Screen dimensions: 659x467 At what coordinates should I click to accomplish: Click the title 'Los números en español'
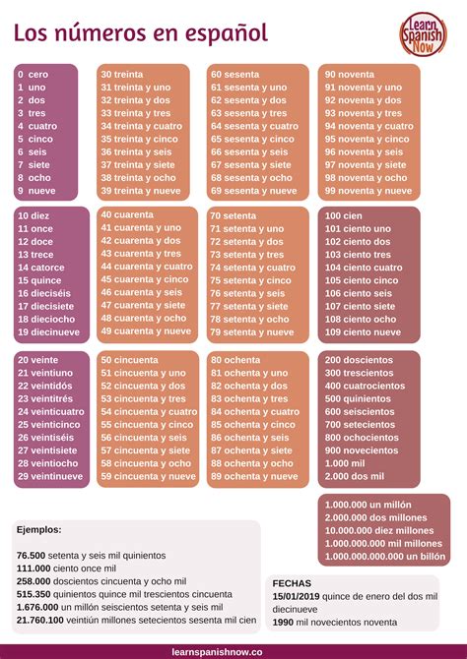[x=140, y=33]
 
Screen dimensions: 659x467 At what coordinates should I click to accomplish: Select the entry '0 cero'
[x=33, y=74]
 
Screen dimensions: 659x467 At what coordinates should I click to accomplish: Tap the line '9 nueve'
[x=36, y=191]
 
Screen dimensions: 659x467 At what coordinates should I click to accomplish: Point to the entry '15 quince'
[x=39, y=279]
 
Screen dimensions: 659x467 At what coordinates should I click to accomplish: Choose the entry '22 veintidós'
[x=46, y=386]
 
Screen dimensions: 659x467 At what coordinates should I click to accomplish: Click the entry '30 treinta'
[x=121, y=74]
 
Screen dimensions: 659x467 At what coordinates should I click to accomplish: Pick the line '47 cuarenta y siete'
[x=144, y=305]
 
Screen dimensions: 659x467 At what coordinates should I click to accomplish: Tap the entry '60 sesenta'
[x=234, y=74]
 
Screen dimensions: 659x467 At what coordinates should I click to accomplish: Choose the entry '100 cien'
[x=344, y=215]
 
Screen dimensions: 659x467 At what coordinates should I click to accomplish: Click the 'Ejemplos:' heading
[x=38, y=529]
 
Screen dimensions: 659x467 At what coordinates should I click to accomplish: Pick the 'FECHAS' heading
[x=292, y=582]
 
